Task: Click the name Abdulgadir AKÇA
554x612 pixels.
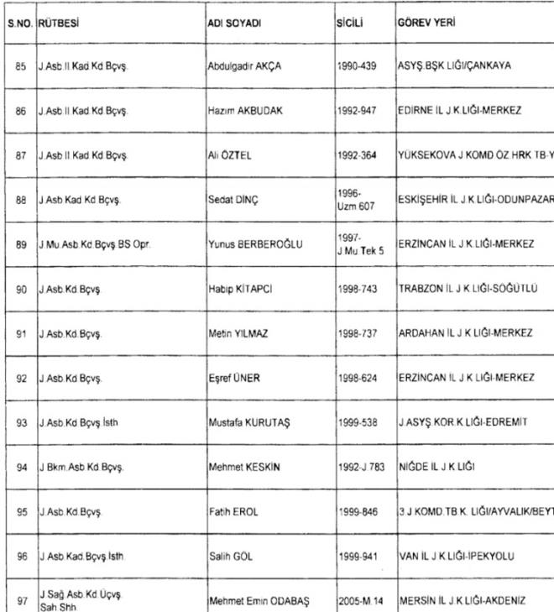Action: point(243,65)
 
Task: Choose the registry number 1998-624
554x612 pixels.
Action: point(356,378)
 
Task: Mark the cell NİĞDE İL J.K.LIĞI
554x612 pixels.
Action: point(436,467)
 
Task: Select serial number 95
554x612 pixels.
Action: point(20,511)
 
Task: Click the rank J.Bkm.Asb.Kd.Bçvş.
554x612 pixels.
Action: point(81,467)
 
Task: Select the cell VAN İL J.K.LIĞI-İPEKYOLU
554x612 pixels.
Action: point(456,556)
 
